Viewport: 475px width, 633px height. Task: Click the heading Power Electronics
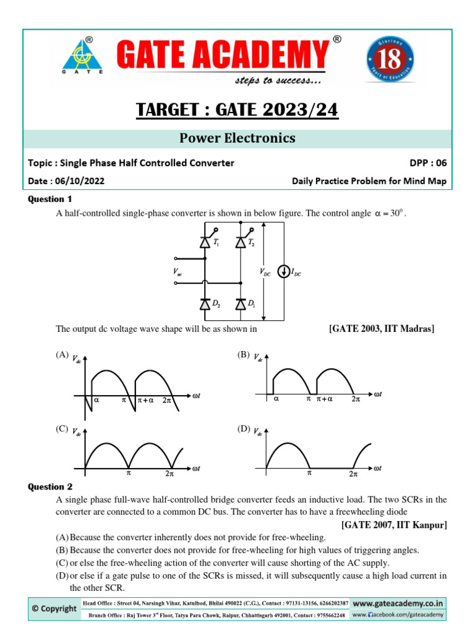click(237, 138)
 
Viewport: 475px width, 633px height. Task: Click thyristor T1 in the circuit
click(205, 243)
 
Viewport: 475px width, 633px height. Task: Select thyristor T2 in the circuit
click(240, 243)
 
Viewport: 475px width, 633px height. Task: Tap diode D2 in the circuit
click(205, 304)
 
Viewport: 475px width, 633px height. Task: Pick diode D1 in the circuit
click(240, 304)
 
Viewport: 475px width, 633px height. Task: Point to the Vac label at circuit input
click(178, 272)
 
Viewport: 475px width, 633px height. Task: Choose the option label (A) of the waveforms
click(61, 355)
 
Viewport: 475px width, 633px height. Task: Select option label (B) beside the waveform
click(244, 355)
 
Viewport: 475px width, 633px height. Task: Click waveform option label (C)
click(61, 428)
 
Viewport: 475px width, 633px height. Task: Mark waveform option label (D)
click(244, 428)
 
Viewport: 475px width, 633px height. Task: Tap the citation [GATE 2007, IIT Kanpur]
click(393, 525)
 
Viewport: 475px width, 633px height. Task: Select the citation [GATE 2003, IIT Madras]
click(381, 329)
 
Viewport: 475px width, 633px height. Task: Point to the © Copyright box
click(54, 608)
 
